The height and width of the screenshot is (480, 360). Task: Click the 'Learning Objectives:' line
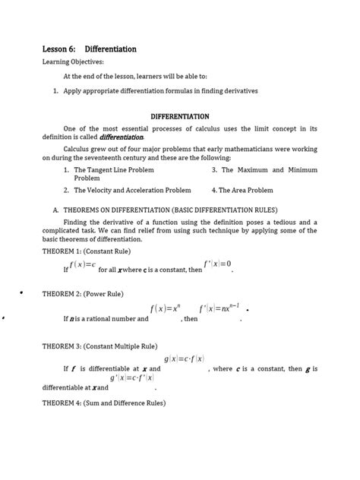[74, 63]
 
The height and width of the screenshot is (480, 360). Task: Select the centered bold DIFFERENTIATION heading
[180, 117]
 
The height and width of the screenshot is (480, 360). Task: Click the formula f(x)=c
[82, 264]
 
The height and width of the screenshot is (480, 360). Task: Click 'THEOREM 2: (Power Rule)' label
[85, 293]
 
